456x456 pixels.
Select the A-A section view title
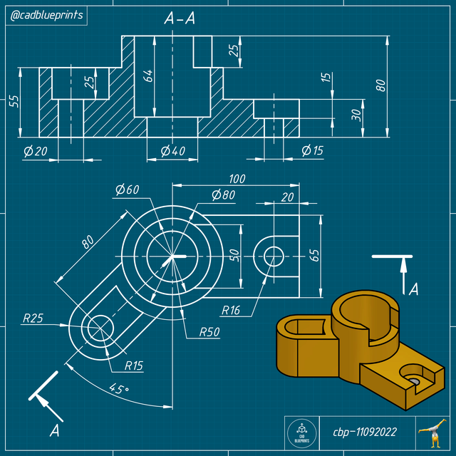pos(180,19)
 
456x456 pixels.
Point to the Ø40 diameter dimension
pos(172,150)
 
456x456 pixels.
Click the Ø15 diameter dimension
pos(312,150)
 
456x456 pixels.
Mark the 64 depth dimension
pos(149,76)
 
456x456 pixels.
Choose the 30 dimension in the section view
pos(356,114)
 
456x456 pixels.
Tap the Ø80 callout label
pos(224,195)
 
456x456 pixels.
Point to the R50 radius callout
pos(209,332)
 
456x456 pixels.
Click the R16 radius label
pos(231,310)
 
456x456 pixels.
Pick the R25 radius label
pos(33,319)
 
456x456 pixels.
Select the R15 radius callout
pos(134,366)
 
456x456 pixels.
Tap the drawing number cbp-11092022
pos(365,432)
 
